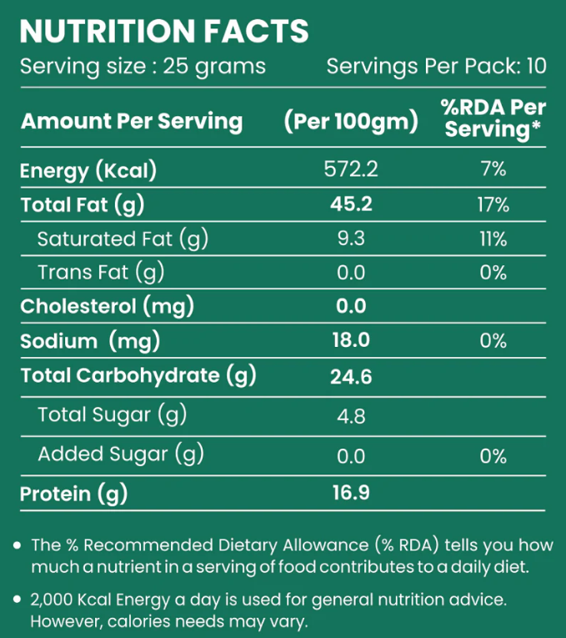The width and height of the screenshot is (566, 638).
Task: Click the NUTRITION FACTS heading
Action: [x=163, y=31]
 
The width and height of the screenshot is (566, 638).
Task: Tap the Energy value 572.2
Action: [x=351, y=170]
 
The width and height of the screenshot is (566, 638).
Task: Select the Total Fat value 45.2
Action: [x=351, y=204]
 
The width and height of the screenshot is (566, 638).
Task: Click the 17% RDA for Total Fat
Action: [x=493, y=204]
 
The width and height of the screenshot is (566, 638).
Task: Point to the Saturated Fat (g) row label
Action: [x=123, y=239]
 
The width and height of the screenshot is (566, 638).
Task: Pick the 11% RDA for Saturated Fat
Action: [x=493, y=239]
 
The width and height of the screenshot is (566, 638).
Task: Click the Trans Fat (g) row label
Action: [x=101, y=272]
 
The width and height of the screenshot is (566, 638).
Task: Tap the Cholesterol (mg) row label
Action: [x=107, y=306]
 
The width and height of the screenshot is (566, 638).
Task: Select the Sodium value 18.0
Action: [x=351, y=340]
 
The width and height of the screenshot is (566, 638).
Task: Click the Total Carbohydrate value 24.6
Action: [x=351, y=378]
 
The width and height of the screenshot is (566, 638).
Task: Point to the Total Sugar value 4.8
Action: [x=351, y=415]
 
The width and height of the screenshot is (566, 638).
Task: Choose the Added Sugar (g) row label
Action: [x=121, y=455]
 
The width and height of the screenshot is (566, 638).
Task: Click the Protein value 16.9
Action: [x=351, y=494]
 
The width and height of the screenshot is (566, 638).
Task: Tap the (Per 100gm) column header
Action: [x=351, y=122]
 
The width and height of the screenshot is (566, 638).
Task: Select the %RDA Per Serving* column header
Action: [x=493, y=118]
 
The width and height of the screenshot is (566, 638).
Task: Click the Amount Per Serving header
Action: [x=132, y=122]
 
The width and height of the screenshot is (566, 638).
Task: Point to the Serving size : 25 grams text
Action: [x=143, y=66]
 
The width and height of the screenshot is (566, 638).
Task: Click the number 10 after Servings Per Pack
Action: [x=537, y=66]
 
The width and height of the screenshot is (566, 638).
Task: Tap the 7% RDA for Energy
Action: [x=493, y=170]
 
